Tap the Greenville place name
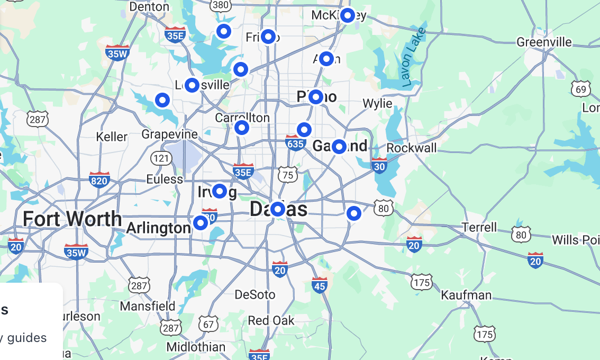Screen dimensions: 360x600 point(544,42)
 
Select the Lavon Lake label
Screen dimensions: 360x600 point(413,57)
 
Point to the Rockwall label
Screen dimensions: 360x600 point(412,148)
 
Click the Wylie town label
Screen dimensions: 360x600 point(377,103)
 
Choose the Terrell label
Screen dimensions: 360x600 point(479,227)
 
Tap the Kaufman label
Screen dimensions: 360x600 point(466,295)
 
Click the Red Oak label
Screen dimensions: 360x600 point(271,320)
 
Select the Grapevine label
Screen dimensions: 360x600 point(170,134)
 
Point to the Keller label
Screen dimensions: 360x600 point(112,137)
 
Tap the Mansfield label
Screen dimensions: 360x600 point(148,306)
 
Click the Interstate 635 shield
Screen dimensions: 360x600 point(295,142)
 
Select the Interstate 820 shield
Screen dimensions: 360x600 point(99,180)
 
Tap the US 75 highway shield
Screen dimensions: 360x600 point(288,175)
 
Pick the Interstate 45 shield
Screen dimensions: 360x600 point(320,286)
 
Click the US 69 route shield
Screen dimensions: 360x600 point(581,89)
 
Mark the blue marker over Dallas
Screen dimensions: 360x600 point(278,210)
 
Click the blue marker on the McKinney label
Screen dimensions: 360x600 point(347,15)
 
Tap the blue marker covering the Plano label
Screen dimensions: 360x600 point(316,97)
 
